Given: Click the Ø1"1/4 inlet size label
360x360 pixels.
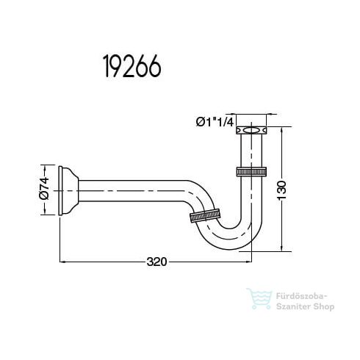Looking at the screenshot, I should [214, 122].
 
